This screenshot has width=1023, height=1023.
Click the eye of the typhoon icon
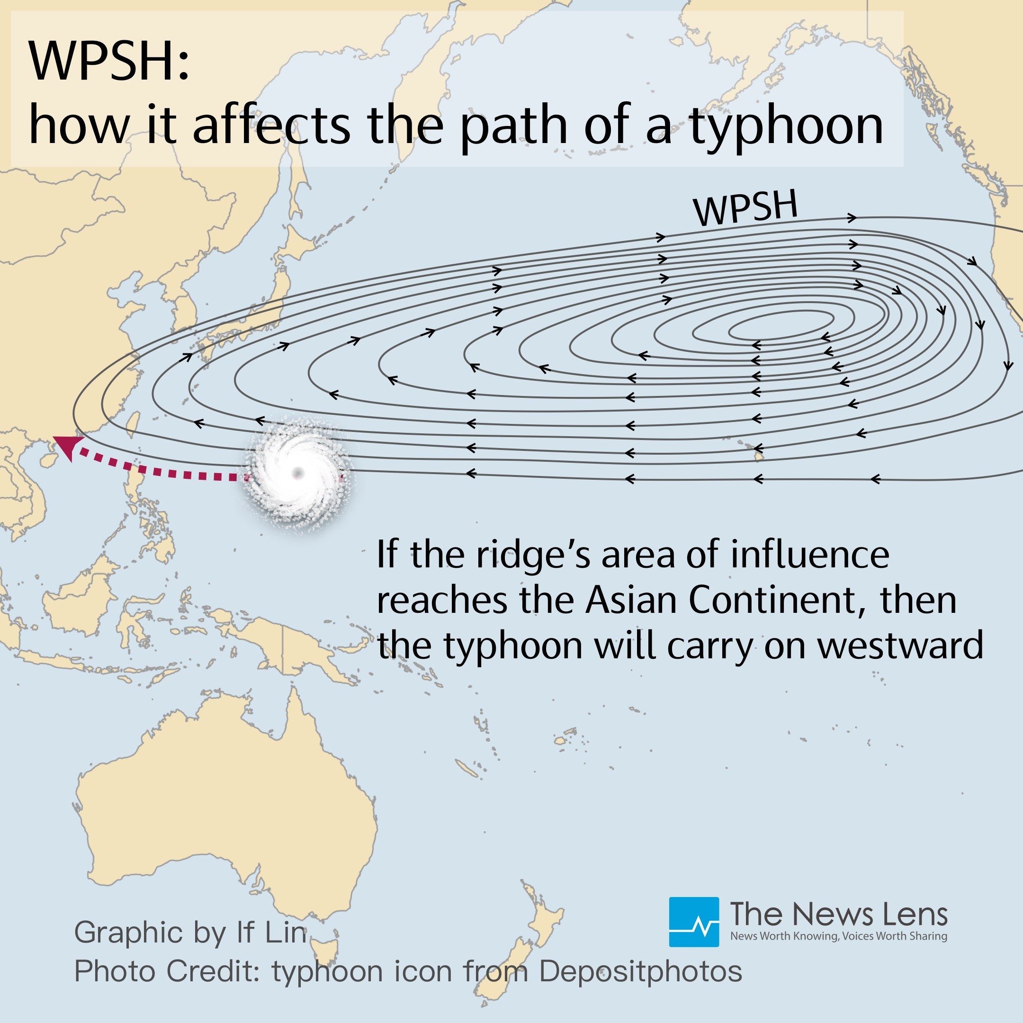click(x=298, y=472)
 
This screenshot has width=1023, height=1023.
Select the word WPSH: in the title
click(x=108, y=62)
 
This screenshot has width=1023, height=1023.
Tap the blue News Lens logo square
click(x=694, y=922)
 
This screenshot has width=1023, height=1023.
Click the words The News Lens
click(x=839, y=914)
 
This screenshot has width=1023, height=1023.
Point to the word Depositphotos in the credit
click(x=640, y=971)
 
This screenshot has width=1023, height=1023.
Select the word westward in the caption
click(x=900, y=646)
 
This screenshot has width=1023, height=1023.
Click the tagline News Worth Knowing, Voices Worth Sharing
click(x=839, y=936)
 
